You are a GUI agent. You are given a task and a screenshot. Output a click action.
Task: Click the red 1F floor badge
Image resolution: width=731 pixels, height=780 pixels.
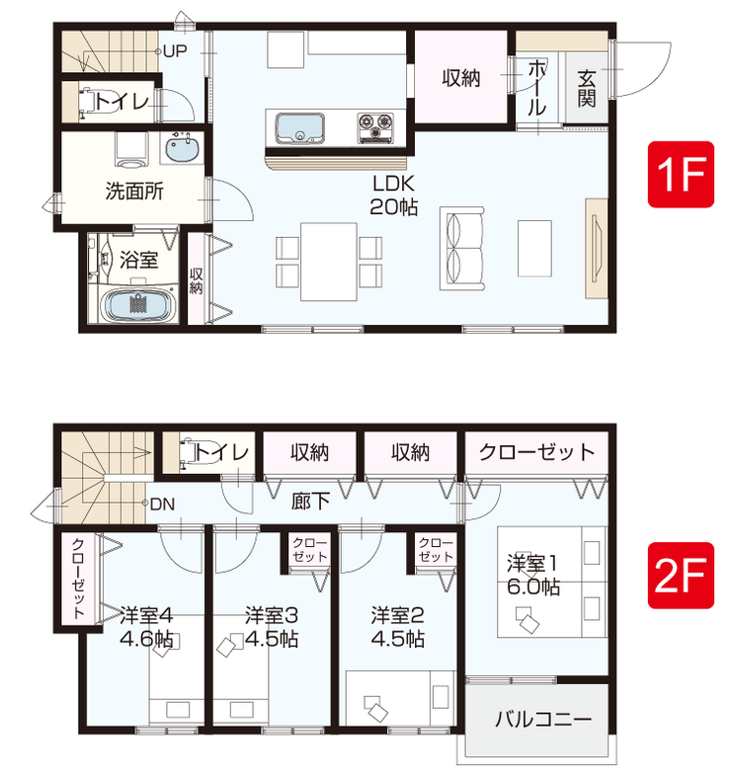click(x=681, y=174)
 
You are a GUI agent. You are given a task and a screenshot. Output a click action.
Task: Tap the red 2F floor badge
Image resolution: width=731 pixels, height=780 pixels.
click(x=681, y=575)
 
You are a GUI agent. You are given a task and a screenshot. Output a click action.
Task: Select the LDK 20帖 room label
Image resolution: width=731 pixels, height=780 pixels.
click(x=393, y=195)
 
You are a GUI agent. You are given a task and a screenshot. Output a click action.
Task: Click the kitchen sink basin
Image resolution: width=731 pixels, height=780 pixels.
click(x=300, y=128)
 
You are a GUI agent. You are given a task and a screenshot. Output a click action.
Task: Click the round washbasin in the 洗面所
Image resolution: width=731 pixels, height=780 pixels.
click(x=182, y=148)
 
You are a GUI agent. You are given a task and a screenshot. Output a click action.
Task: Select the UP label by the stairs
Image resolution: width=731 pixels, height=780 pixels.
click(x=175, y=51)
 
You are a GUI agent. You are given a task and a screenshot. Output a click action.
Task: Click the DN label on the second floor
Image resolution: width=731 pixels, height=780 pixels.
click(x=163, y=505)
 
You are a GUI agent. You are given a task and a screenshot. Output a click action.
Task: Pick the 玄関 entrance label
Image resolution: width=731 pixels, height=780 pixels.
click(x=587, y=89)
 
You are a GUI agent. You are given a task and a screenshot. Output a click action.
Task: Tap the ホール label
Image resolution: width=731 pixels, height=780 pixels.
click(x=536, y=89)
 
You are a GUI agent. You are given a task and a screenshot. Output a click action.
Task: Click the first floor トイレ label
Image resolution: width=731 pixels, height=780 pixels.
click(x=122, y=102)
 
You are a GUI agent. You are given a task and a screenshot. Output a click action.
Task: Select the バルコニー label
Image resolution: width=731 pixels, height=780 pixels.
click(x=543, y=720)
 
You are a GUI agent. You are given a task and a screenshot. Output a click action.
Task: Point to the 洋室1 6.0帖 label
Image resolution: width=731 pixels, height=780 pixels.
click(x=533, y=575)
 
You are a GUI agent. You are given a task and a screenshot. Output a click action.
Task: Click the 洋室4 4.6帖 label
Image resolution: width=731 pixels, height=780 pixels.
click(x=146, y=627)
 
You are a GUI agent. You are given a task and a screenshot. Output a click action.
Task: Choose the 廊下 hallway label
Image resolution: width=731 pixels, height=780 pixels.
click(x=310, y=502)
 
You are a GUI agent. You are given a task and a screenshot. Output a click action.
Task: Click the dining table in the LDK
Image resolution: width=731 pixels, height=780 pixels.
click(x=328, y=262)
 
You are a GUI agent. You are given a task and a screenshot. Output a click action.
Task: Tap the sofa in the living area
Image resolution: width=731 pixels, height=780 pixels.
click(x=462, y=248)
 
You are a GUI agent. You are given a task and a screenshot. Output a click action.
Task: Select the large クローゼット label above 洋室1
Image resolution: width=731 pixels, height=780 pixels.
click(x=537, y=452)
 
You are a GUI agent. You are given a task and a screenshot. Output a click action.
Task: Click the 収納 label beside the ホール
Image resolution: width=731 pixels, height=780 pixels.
click(x=461, y=78)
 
